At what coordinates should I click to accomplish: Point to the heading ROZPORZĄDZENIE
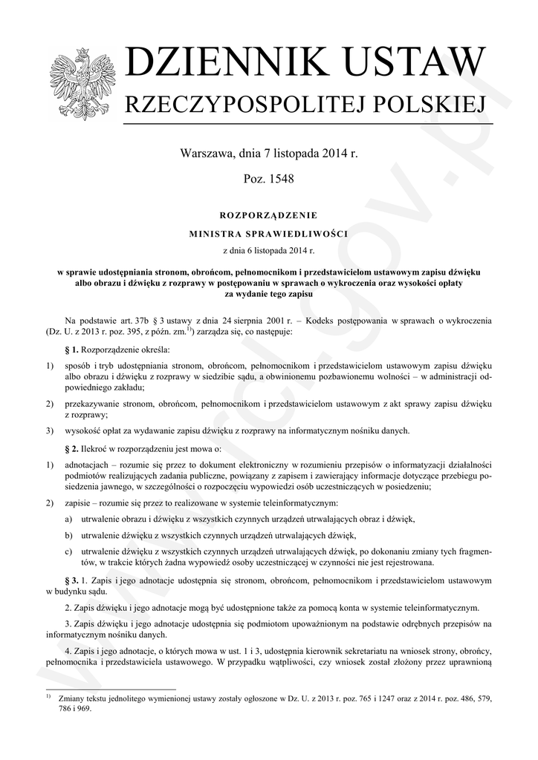pos(269,215)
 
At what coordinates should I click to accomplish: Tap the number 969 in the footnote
pos(82,709)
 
